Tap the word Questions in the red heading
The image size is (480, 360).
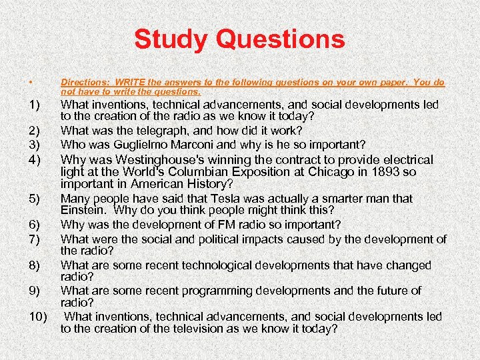click(x=280, y=40)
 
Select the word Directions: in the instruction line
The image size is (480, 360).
click(x=85, y=83)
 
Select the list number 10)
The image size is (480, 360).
click(x=37, y=316)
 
